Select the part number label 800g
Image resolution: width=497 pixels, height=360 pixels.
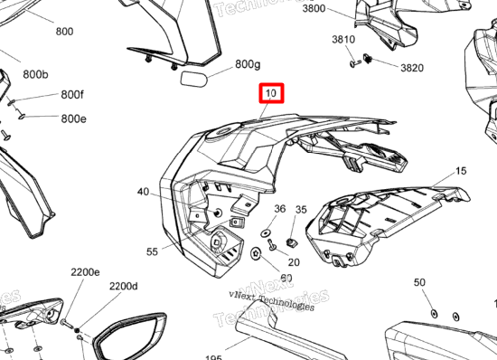[x=248, y=64]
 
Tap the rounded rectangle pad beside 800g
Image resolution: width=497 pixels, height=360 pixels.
[x=196, y=79]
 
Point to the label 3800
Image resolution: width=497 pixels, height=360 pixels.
[x=314, y=8]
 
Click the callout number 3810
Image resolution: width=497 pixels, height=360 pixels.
[x=343, y=40]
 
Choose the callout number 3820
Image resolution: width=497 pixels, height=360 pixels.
[x=411, y=68]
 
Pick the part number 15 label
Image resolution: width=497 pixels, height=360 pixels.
[x=460, y=171]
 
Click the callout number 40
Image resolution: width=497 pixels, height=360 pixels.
[x=144, y=192]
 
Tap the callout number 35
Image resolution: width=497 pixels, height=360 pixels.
[x=302, y=210]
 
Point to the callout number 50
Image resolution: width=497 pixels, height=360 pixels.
[x=419, y=283]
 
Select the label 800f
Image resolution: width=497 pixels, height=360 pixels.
[x=72, y=94]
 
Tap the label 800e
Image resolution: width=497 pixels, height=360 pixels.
[x=74, y=118]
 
